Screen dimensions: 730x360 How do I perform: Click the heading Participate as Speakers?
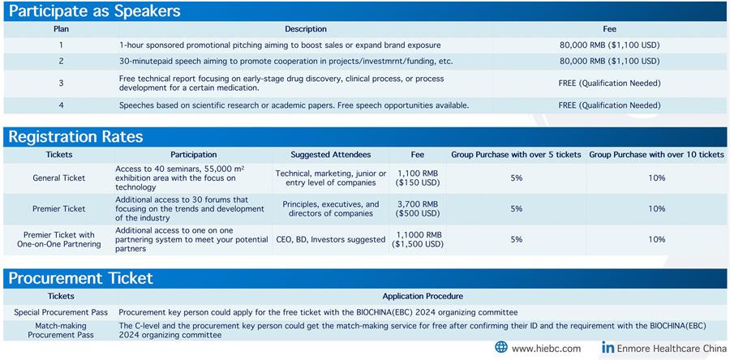tap(95, 11)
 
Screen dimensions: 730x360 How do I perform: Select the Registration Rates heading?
tap(76, 137)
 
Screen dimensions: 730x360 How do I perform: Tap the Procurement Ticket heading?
tap(80, 278)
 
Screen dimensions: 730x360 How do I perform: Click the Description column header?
tap(306, 29)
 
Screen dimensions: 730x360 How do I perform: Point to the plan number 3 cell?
tap(61, 84)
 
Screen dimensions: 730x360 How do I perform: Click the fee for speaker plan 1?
tap(609, 45)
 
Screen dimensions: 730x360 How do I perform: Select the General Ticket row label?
tap(59, 178)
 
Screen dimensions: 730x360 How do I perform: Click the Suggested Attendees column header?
tap(331, 154)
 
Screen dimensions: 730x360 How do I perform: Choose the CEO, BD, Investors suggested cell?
tap(331, 239)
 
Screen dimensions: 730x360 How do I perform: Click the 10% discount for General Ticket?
tap(656, 178)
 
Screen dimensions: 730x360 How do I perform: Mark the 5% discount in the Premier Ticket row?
tap(516, 209)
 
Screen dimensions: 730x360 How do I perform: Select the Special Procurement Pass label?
tap(61, 312)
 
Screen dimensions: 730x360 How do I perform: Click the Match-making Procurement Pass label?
tap(61, 330)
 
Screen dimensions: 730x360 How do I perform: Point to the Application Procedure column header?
tap(423, 296)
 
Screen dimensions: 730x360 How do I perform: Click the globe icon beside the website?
tap(501, 348)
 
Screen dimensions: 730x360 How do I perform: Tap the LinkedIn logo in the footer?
tap(608, 347)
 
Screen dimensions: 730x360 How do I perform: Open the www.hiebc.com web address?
tap(546, 349)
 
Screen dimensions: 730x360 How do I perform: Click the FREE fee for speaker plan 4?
tap(609, 105)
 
